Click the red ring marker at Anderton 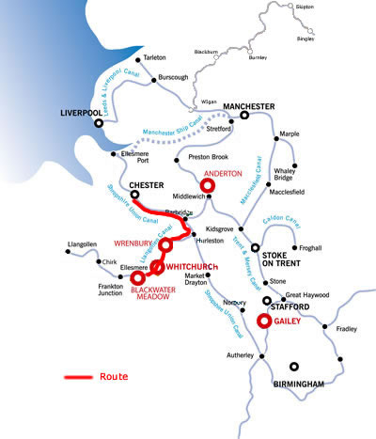point(208,186)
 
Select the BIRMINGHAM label point(297,384)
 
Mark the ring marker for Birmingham point(295,367)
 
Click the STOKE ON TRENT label point(281,259)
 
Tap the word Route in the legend point(113,376)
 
